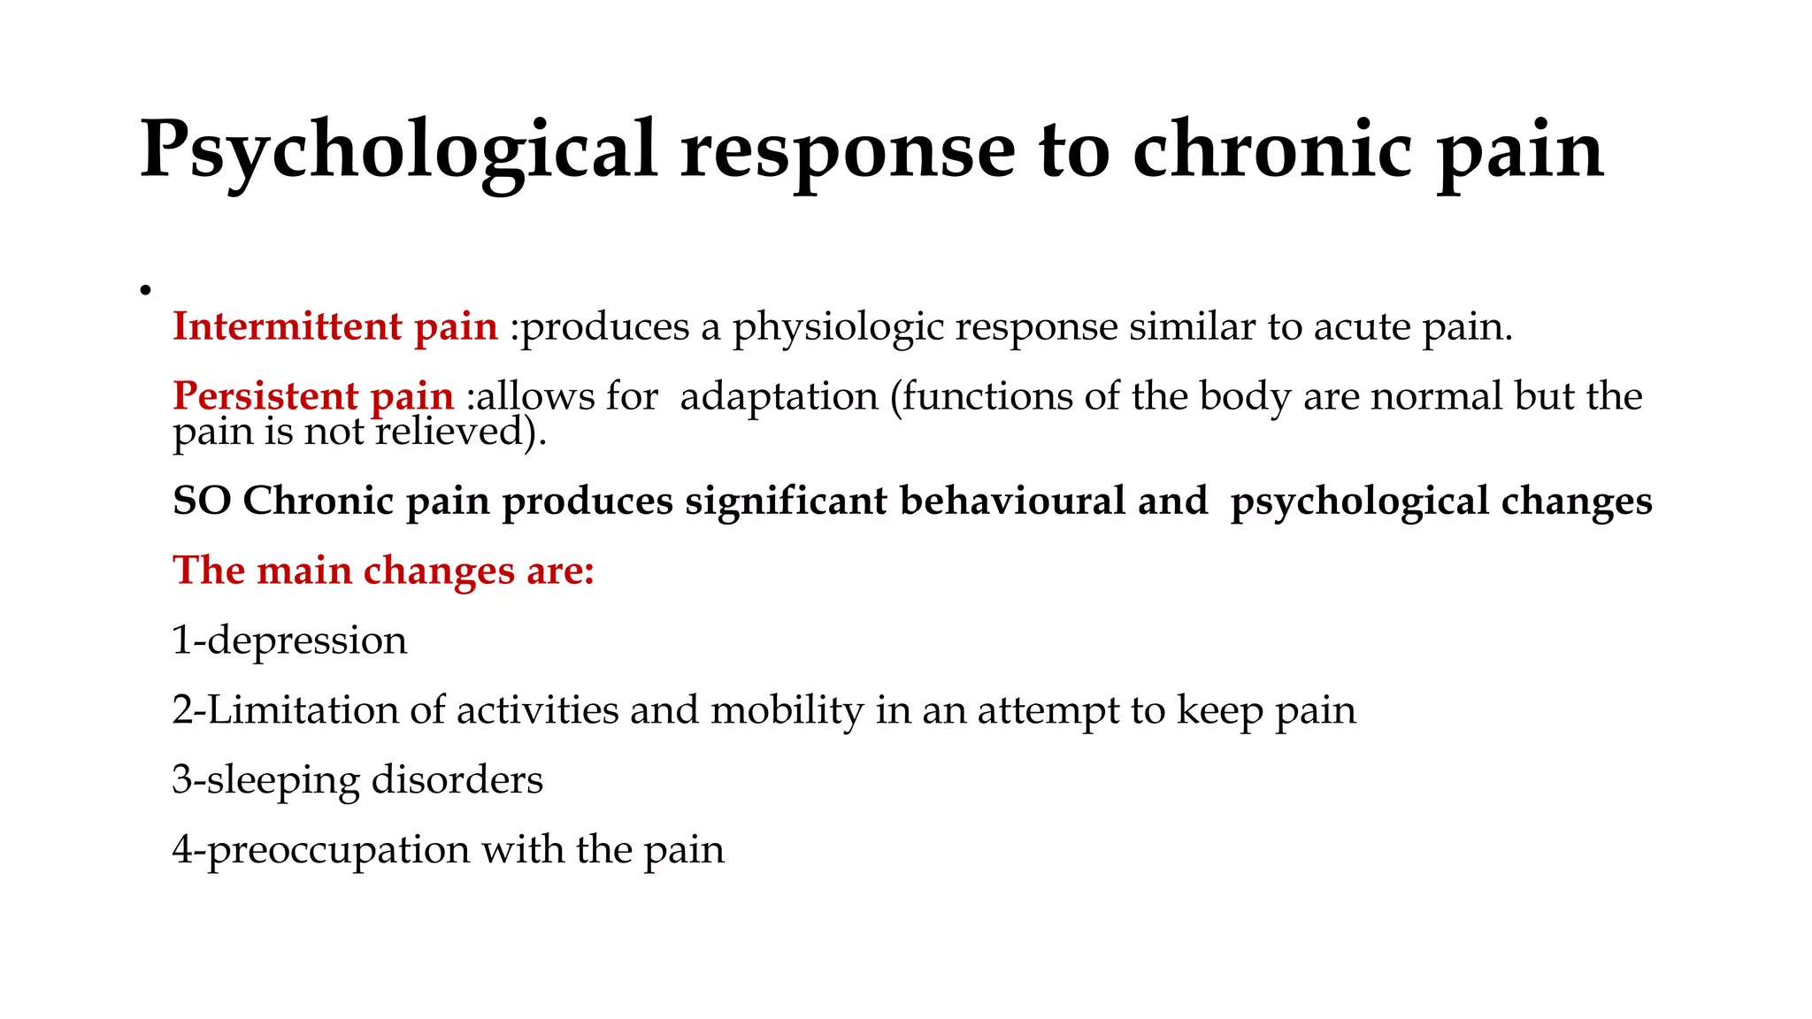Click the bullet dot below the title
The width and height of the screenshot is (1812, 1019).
tap(146, 290)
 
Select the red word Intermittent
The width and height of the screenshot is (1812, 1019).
tap(288, 326)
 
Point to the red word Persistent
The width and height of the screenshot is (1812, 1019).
tap(265, 395)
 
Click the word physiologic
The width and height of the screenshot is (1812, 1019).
tap(838, 328)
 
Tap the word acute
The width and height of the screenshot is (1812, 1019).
tap(1362, 327)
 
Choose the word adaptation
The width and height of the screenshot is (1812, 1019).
tap(779, 396)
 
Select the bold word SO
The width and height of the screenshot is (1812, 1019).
tap(202, 501)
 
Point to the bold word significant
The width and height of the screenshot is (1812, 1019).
tap(786, 501)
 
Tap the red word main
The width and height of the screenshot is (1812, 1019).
tap(304, 571)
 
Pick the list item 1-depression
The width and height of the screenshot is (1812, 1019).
tap(289, 640)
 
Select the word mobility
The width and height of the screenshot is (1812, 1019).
tap(787, 710)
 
